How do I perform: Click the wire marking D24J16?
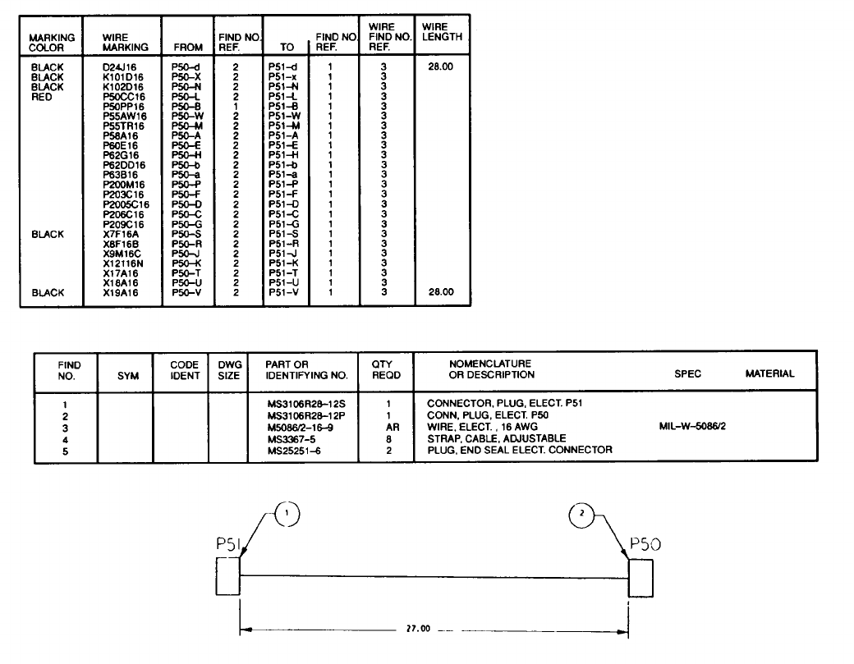tap(122, 66)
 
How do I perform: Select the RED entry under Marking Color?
tap(41, 96)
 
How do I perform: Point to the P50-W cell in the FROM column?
tap(187, 116)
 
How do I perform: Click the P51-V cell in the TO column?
tap(282, 292)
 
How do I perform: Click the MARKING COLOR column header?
tap(51, 43)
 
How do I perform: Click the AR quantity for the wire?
tap(393, 426)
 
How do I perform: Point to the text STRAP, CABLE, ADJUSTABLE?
tap(490, 437)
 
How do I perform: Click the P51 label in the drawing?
tap(227, 543)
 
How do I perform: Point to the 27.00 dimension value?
tap(417, 629)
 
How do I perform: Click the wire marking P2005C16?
tap(126, 204)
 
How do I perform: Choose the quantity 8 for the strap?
tap(393, 437)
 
